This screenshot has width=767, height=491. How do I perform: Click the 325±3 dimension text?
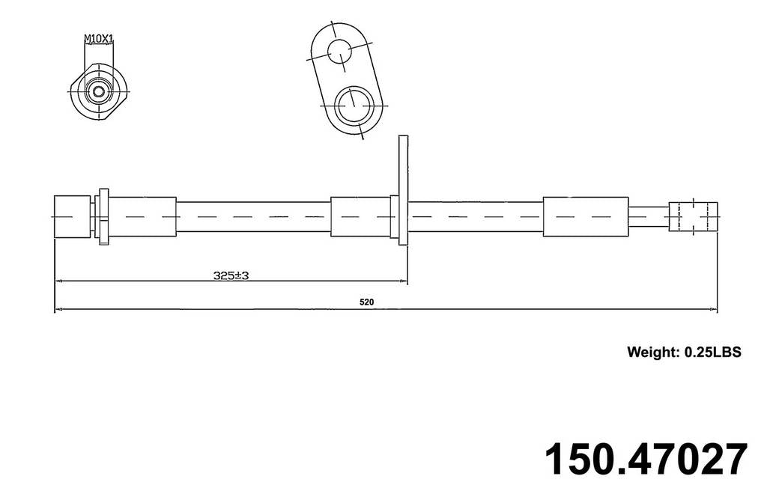pos(231,275)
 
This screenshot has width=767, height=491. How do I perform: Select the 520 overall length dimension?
pos(366,302)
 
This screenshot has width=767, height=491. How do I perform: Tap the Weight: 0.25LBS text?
pos(683,352)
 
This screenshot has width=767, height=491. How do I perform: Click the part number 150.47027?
pos(645,459)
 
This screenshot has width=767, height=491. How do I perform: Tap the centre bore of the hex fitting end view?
pos(97,92)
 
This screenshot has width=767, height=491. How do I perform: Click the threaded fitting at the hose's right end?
pos(693,216)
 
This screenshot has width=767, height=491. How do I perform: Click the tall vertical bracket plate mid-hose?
pos(403,189)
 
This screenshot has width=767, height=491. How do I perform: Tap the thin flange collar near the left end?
pos(103,216)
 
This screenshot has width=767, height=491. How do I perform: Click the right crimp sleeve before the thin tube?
pos(585,216)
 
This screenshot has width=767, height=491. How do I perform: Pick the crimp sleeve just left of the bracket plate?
pos(360,216)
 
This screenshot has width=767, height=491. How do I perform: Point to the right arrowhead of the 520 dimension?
pos(712,308)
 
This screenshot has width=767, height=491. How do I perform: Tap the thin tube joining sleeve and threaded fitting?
pos(648,216)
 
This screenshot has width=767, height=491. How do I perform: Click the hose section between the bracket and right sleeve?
pos(476,216)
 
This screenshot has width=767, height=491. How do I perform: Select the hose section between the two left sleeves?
pos(253,216)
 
